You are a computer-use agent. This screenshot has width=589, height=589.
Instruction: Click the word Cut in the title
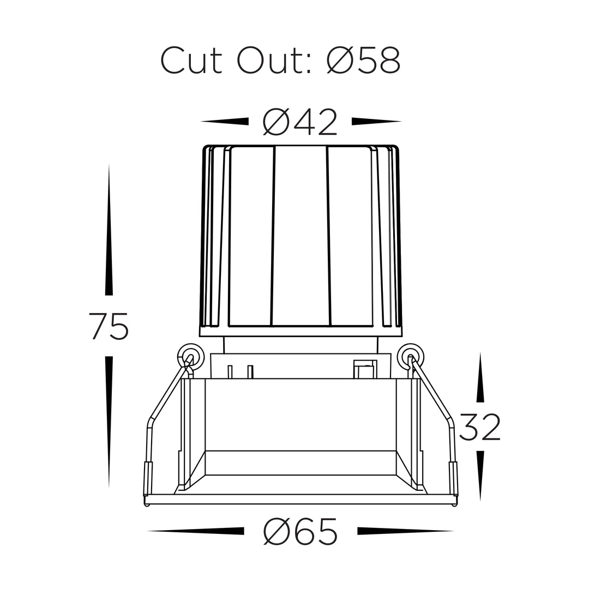point(191,60)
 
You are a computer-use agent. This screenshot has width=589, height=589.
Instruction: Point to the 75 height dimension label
point(109,326)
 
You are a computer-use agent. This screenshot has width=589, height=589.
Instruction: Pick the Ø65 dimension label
point(300,531)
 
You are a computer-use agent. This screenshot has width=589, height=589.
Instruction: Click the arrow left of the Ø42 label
point(225,121)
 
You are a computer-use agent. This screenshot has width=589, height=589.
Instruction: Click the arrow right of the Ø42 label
point(376,121)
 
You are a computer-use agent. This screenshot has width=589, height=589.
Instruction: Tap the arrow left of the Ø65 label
point(196,531)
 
